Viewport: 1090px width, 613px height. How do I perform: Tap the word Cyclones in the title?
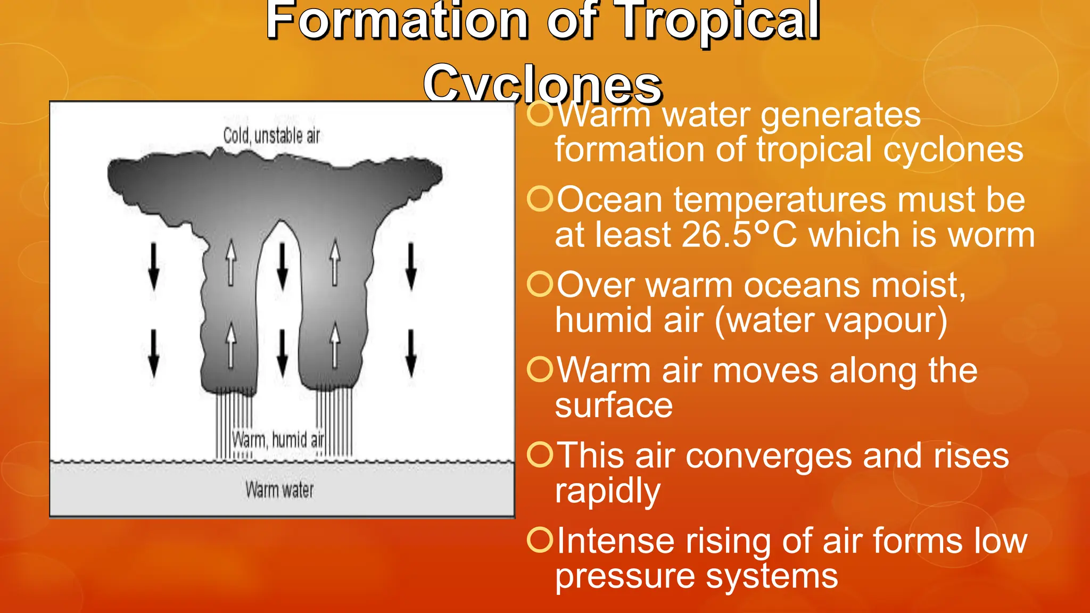[x=542, y=84]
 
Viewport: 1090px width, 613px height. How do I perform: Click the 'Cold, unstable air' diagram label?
[x=271, y=136]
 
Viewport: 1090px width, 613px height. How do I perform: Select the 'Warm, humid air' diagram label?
[x=278, y=440]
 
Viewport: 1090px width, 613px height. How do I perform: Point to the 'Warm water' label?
[x=279, y=490]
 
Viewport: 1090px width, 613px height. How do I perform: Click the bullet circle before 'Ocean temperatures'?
[x=540, y=199]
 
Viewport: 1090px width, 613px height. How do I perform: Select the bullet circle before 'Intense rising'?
[x=540, y=540]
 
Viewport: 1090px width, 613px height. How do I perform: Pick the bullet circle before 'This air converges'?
[x=540, y=455]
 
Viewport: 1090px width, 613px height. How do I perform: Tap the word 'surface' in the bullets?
[x=614, y=405]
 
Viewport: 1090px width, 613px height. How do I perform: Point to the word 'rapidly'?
[x=607, y=491]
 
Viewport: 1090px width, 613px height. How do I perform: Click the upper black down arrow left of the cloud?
[x=154, y=266]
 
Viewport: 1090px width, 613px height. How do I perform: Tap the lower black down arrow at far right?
[x=411, y=353]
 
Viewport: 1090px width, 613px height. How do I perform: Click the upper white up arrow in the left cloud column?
[x=230, y=263]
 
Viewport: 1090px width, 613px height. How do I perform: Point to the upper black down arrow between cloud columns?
[x=283, y=266]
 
